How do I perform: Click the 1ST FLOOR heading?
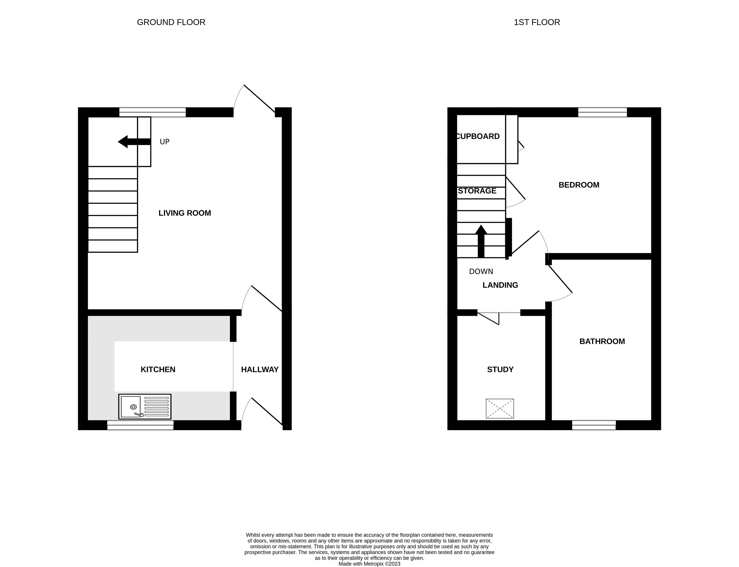[537, 22]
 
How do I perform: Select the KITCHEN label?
[158, 370]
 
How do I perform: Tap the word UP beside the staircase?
[165, 142]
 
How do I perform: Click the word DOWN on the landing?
[481, 271]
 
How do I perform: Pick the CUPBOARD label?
[477, 136]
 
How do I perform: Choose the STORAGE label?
[477, 191]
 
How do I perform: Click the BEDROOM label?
[579, 185]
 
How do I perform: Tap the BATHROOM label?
[602, 341]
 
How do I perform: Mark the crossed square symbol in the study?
[500, 408]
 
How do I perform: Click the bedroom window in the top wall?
[602, 112]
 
